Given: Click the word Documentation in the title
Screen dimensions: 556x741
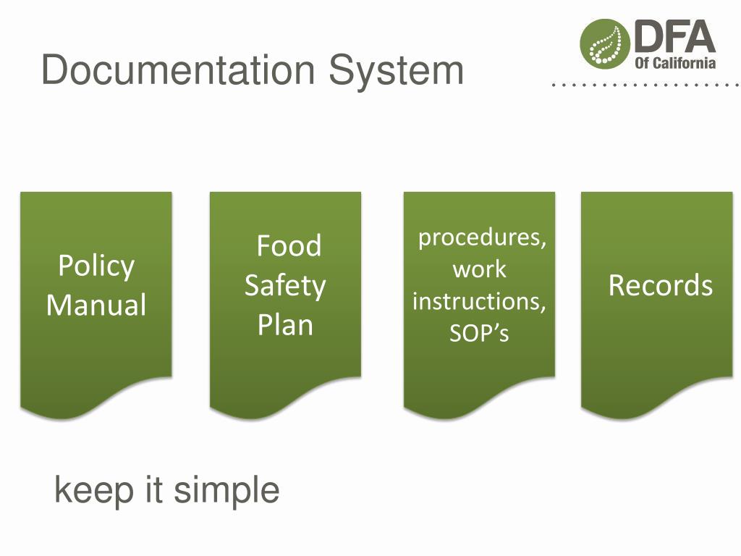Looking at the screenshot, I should (x=178, y=71).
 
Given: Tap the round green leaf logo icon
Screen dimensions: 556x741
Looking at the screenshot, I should (x=604, y=43).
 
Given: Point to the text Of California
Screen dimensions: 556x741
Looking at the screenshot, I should (x=675, y=62).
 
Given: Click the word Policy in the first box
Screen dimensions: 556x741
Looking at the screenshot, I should (x=96, y=266).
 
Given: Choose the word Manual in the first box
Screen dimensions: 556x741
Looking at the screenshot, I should (x=96, y=304).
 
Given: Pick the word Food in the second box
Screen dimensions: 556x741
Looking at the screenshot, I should (x=289, y=246).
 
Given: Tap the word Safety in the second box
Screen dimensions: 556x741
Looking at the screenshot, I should (x=285, y=285).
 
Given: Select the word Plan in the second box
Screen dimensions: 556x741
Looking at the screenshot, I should (x=285, y=324).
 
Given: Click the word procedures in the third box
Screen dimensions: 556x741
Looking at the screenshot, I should (x=482, y=237).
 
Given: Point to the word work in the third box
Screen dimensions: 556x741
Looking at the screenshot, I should (x=479, y=269).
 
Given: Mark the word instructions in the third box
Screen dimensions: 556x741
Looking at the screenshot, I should (x=479, y=301).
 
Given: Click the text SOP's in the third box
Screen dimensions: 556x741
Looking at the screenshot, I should (x=479, y=333).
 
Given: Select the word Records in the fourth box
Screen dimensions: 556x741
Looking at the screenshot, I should (x=660, y=285).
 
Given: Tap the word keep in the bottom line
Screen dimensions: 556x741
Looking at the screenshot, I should (x=94, y=491).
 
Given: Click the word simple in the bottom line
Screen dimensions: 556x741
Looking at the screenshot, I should (x=226, y=491).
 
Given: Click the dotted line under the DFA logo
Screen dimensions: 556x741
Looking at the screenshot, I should (x=644, y=85).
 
